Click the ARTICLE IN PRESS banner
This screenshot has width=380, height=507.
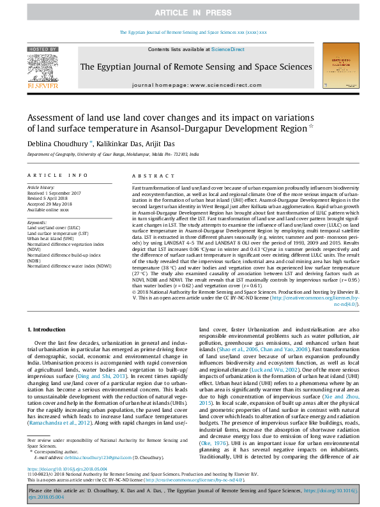point(190,13)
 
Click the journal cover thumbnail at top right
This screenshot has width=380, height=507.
point(337,71)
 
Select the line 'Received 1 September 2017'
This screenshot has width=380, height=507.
point(56,193)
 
